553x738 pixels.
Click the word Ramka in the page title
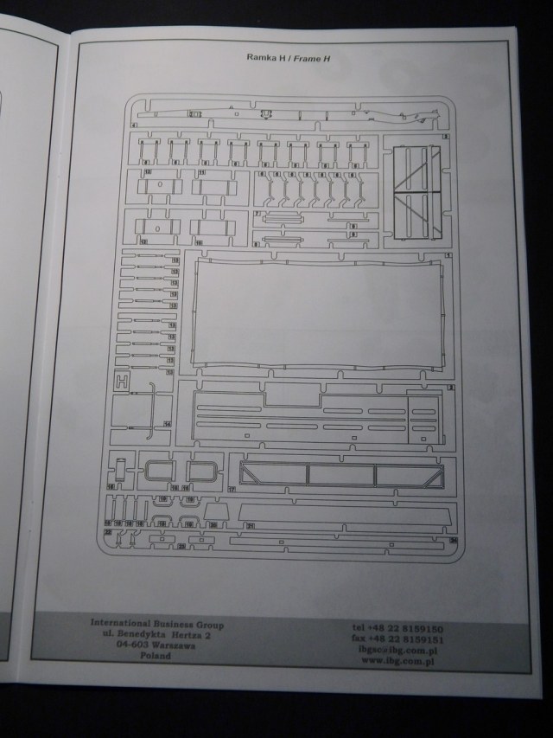(x=262, y=57)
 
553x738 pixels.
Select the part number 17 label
(x=232, y=490)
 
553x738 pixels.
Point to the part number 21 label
(x=251, y=524)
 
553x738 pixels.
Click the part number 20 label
(x=213, y=524)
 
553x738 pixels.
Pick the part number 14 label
(x=167, y=424)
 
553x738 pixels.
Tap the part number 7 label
(x=257, y=213)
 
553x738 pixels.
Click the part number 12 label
(x=144, y=242)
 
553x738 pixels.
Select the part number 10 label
(x=199, y=242)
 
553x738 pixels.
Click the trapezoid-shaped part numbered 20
(x=217, y=514)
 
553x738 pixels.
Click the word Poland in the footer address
(x=155, y=656)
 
